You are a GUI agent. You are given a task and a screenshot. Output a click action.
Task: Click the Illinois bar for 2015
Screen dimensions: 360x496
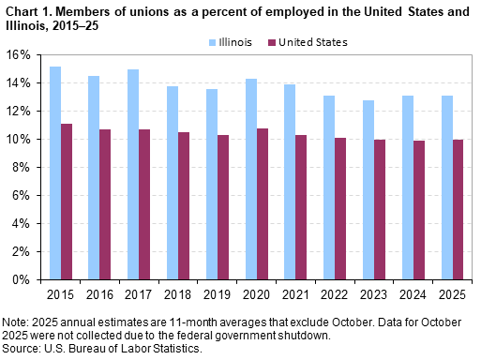pos(56,173)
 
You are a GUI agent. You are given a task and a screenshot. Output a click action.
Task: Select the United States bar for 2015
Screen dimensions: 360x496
pos(68,202)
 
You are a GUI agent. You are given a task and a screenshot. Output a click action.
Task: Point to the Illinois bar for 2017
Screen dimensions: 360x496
pos(134,174)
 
